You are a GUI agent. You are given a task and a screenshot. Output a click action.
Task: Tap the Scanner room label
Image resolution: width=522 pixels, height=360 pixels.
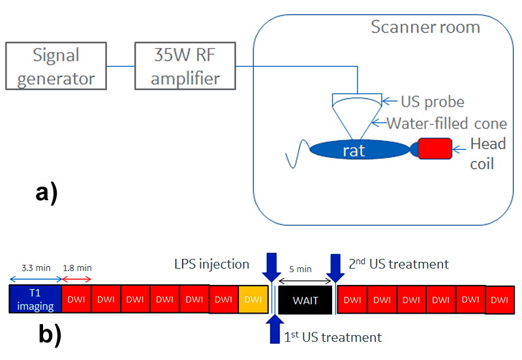pyautogui.click(x=425, y=27)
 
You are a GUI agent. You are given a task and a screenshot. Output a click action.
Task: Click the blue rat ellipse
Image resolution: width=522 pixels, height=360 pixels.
pyautogui.click(x=352, y=150)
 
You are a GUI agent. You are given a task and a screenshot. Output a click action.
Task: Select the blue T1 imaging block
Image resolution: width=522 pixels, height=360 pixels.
pyautogui.click(x=35, y=299)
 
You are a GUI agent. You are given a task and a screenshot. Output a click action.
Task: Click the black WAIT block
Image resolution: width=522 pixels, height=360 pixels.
pyautogui.click(x=305, y=300)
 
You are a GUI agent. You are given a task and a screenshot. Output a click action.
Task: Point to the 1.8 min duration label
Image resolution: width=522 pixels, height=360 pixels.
pyautogui.click(x=76, y=267)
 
